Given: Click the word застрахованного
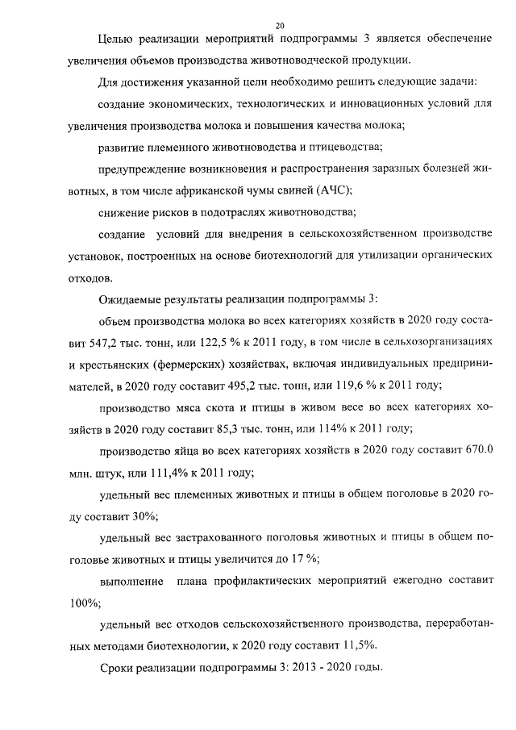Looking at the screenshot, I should [202, 536].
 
